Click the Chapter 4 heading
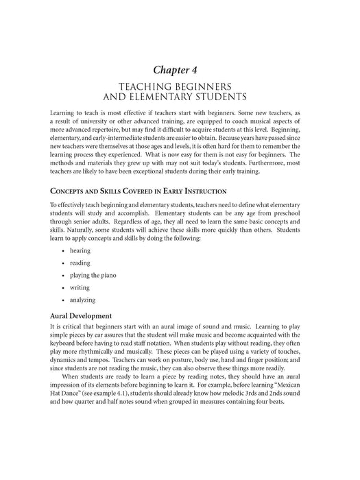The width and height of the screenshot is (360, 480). click(180, 69)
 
